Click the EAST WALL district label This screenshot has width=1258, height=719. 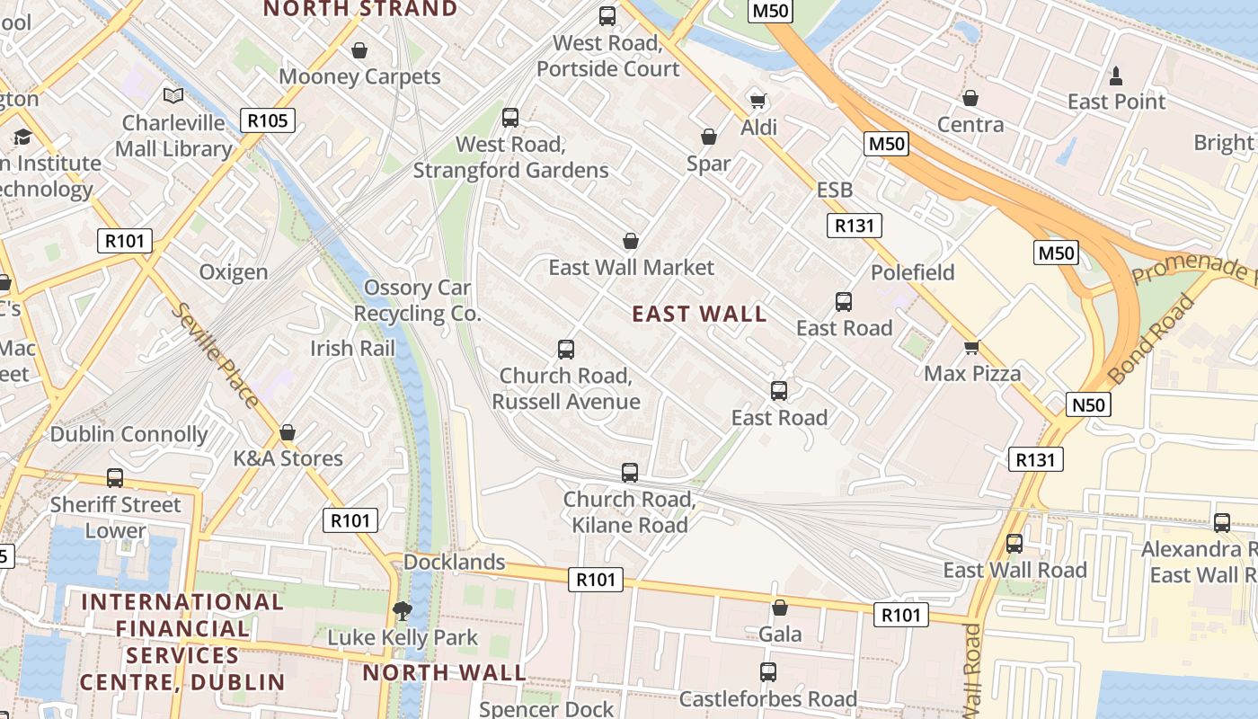[699, 314]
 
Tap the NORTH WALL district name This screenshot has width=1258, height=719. [444, 672]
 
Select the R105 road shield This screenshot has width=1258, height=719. [268, 120]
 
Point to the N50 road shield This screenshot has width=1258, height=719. [1088, 404]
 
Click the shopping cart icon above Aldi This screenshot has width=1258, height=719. [757, 100]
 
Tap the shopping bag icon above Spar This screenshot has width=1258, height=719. [709, 137]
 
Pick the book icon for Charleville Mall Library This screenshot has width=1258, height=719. [173, 95]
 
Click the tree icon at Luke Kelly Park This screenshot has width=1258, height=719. [403, 611]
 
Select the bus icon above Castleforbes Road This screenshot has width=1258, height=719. [768, 671]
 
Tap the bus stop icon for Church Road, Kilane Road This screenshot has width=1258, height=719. [630, 472]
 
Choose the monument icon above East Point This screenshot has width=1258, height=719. [1116, 75]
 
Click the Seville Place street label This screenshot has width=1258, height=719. [215, 355]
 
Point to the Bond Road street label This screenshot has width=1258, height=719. [1153, 338]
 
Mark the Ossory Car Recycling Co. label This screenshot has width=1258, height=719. [417, 301]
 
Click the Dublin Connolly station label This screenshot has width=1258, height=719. [128, 434]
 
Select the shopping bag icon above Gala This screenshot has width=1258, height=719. [779, 608]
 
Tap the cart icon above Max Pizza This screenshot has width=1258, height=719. [971, 347]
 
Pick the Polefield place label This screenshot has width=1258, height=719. [912, 272]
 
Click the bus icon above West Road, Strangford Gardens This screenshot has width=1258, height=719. [510, 117]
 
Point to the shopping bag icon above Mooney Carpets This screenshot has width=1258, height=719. [359, 50]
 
